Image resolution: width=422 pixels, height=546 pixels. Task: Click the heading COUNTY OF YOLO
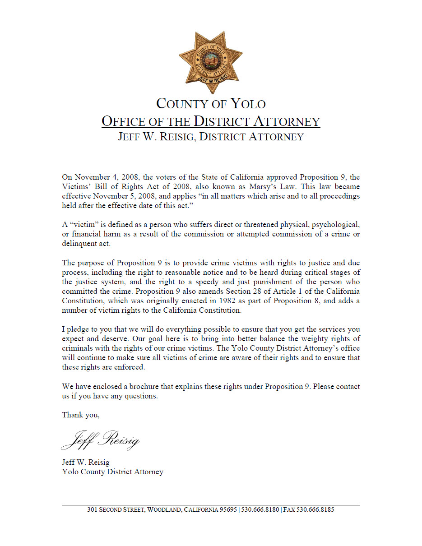[211, 104]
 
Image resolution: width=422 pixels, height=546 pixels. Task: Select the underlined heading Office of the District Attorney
[211, 121]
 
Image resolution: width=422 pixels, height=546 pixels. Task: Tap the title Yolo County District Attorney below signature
[112, 472]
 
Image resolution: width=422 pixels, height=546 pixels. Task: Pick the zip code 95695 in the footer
[228, 510]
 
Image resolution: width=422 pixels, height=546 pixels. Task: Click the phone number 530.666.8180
[260, 510]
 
